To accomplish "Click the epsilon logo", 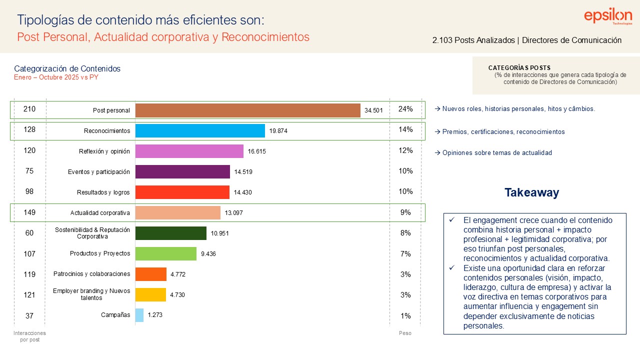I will [x=608, y=16].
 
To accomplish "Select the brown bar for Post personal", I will [x=247, y=110].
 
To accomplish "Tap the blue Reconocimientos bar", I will [x=200, y=131].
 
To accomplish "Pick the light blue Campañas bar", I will [x=139, y=315].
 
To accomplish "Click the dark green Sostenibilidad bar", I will [x=171, y=233].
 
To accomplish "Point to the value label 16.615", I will [x=257, y=151].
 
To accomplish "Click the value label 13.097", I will [x=234, y=213].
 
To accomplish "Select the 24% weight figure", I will [x=405, y=109].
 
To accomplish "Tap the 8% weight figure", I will [x=405, y=233].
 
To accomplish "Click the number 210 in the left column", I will [x=29, y=109].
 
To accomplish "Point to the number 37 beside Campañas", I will [x=29, y=315].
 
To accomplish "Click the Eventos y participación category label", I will [x=99, y=172].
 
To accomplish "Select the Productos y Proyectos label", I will [x=100, y=253].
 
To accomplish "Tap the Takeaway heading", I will [x=531, y=192].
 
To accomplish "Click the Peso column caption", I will [x=405, y=333].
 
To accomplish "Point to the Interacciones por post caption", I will [x=29, y=336].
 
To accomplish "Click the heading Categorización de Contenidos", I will [x=67, y=68].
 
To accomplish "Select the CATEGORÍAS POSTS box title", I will [x=519, y=68].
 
